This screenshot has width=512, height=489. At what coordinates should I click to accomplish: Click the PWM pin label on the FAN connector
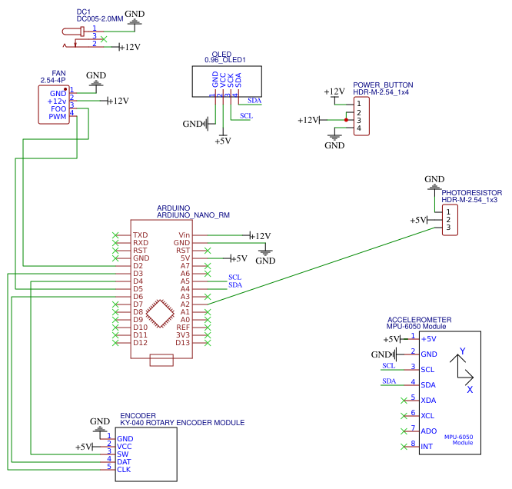(58, 117)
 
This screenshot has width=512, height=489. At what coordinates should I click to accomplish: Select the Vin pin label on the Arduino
(184, 235)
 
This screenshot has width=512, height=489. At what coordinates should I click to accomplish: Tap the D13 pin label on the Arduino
(182, 343)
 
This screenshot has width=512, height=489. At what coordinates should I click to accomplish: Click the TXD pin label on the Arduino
(140, 235)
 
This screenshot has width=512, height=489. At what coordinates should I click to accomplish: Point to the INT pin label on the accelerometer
(427, 446)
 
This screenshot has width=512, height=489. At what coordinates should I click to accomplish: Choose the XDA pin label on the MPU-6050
(429, 400)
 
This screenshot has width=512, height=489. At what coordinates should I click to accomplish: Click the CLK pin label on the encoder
(124, 469)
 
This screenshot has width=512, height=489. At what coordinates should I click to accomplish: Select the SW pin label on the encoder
(122, 454)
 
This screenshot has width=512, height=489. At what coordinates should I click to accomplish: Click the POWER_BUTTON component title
(383, 85)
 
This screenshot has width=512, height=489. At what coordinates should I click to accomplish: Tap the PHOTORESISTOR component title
(471, 193)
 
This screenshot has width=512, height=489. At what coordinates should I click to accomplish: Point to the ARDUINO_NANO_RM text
(193, 215)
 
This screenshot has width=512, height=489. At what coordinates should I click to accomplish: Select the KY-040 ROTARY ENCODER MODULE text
(182, 423)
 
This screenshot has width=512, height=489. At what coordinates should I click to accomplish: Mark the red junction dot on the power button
(347, 120)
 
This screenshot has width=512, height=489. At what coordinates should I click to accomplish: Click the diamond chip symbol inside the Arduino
(161, 312)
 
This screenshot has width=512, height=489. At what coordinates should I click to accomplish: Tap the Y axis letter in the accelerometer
(462, 351)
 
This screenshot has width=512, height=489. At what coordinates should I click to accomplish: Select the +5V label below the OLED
(222, 141)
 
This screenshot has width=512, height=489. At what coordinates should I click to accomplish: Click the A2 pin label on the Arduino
(185, 304)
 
